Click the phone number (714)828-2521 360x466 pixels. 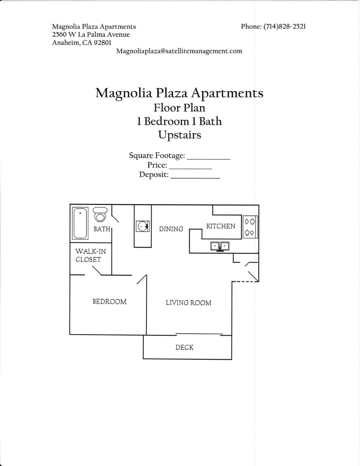[x=285, y=27]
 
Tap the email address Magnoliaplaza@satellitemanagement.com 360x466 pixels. [x=179, y=51]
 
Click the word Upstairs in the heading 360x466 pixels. [x=180, y=135]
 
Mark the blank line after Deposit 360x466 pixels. [x=195, y=178]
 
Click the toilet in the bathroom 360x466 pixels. [x=100, y=215]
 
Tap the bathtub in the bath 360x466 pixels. [x=80, y=223]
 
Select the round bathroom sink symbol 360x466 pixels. [x=142, y=226]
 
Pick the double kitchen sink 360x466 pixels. [x=220, y=246]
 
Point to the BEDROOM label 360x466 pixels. [x=110, y=302]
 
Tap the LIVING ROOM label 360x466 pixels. [x=188, y=303]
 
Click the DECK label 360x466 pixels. [x=184, y=347]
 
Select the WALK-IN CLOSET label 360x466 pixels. [x=90, y=255]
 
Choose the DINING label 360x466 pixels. [x=171, y=229]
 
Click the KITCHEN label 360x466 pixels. [x=221, y=226]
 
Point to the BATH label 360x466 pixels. [x=102, y=229]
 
